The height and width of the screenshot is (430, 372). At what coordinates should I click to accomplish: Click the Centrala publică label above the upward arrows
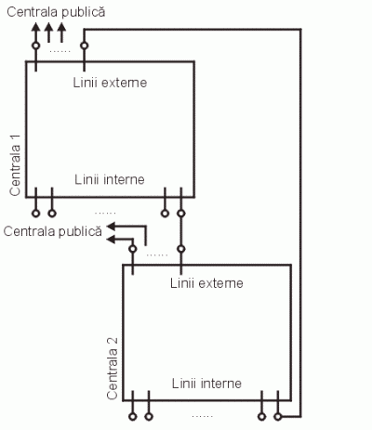coord(56,12)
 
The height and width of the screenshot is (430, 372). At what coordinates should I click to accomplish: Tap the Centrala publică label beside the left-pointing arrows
coord(53,231)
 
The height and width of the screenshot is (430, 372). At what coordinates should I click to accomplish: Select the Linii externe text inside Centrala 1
coord(110,83)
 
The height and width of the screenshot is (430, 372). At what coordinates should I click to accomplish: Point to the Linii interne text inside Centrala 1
coord(110,179)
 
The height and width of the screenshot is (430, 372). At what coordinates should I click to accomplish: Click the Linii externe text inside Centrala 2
coord(206,283)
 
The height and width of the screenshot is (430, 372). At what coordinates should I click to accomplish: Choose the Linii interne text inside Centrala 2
coord(206,384)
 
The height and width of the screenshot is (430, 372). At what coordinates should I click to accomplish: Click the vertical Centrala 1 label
coord(15,165)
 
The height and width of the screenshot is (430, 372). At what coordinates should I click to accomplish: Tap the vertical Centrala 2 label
coord(112,369)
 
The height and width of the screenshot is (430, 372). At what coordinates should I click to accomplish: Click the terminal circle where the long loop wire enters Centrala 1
coord(84,46)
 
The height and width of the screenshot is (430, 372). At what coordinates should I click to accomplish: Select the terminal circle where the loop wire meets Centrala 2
coord(278,417)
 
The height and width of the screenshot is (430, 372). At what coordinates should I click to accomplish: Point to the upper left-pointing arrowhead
coord(112,227)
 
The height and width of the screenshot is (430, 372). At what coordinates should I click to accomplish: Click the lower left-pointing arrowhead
coord(112,240)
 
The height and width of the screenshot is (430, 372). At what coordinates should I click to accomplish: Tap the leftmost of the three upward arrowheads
coord(35,27)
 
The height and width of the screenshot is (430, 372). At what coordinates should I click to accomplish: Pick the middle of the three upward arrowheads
coord(48,27)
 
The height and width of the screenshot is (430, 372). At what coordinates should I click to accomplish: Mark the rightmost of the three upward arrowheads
coord(62,27)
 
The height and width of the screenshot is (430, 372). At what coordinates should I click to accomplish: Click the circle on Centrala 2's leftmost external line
coord(133,249)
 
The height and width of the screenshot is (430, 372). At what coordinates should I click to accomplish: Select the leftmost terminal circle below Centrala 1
coord(36,214)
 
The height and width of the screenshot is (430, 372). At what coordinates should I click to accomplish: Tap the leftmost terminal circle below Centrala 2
coord(133,417)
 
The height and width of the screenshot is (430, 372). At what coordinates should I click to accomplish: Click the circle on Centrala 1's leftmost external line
coord(36,46)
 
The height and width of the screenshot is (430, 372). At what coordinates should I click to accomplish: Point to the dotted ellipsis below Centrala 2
coord(203,416)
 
